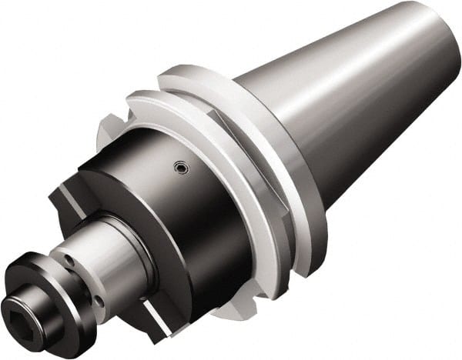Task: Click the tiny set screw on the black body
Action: (x=179, y=165)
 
